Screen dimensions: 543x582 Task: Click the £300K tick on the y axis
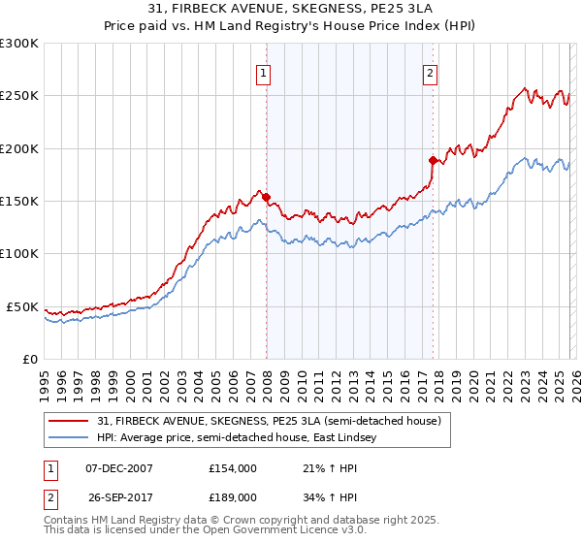coord(19,44)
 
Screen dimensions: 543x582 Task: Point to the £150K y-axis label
coord(19,202)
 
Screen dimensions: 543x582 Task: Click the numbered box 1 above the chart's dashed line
coord(265,71)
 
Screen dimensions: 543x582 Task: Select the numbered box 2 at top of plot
coord(431,71)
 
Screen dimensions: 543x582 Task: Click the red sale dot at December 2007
coord(266,197)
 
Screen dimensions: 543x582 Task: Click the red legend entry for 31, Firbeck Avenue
coord(269,421)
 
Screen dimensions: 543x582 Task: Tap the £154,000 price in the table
coord(232,467)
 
